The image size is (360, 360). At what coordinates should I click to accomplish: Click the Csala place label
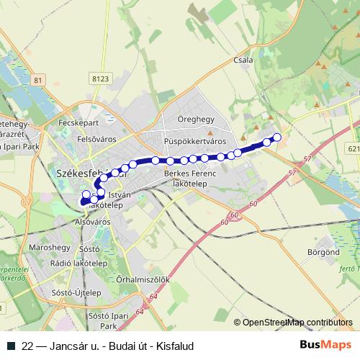pos(243,60)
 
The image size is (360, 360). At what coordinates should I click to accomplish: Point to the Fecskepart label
pos(79,122)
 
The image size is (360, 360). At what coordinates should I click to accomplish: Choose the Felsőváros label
pos(96,136)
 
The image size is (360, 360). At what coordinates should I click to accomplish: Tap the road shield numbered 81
pos(39,79)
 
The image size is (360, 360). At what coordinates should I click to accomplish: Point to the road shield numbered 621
pos(353,148)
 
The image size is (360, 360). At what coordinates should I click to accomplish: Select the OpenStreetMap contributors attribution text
pos(297,323)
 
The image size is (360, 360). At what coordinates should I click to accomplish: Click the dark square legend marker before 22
pos(12,346)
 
